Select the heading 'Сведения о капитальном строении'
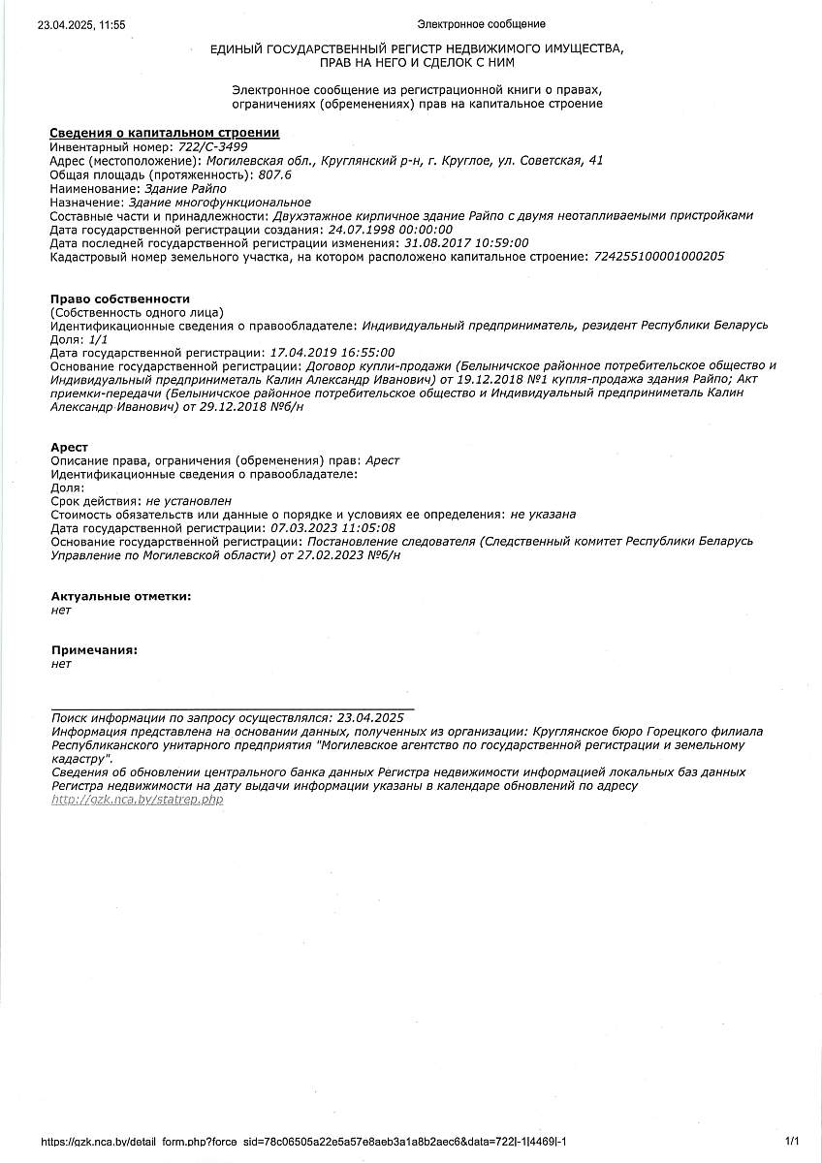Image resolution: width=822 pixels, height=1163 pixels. point(165,133)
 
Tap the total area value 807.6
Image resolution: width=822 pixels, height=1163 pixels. point(274,174)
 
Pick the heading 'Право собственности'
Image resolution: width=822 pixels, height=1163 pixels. point(120,299)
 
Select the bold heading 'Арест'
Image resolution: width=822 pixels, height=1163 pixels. point(69,447)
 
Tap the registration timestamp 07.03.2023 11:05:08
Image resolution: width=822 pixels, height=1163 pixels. point(333,528)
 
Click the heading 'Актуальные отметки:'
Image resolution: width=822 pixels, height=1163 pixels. point(121,596)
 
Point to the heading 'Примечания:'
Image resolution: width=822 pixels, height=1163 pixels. point(94,650)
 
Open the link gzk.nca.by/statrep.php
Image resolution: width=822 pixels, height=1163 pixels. point(138,800)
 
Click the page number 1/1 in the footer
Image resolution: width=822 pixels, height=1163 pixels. point(791,1142)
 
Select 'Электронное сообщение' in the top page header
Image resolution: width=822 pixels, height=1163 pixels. point(481,24)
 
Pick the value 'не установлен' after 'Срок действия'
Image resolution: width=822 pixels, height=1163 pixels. point(189,501)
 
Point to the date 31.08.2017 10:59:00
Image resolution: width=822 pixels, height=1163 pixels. point(466,243)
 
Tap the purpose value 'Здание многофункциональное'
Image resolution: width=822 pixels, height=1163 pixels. point(220,202)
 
